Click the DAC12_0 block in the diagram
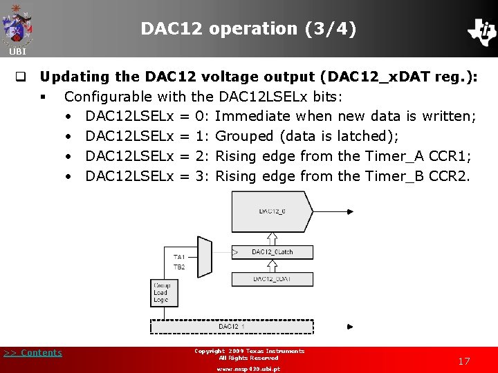tap(272, 212)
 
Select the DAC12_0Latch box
tap(272, 252)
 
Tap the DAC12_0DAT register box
tap(272, 278)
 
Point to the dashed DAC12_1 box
tap(232, 326)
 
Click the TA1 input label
tap(179, 257)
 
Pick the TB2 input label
tap(179, 266)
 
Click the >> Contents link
tap(33, 353)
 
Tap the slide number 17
tap(463, 361)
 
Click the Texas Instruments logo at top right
tap(481, 30)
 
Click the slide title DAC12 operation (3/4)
tap(248, 29)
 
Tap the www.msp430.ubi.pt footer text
tap(248, 369)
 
